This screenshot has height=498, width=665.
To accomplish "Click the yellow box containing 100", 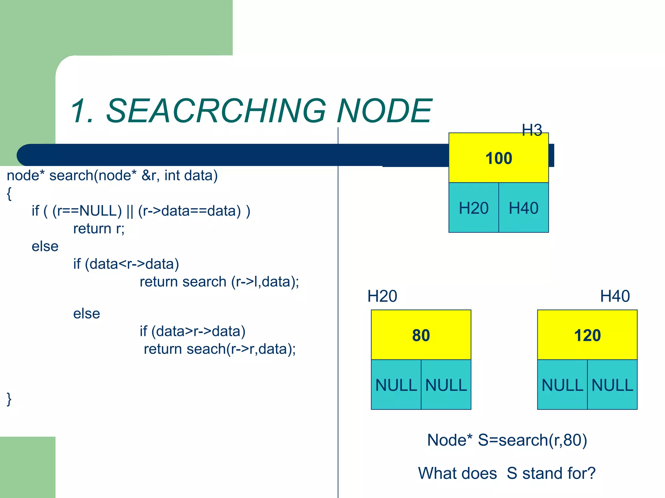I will click(x=498, y=158).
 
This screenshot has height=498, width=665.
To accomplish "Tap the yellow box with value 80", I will click(x=421, y=335).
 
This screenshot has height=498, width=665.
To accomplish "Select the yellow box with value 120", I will click(x=587, y=335).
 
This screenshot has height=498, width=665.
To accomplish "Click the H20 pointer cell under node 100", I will click(x=473, y=208).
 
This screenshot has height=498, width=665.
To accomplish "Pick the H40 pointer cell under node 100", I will click(x=523, y=208).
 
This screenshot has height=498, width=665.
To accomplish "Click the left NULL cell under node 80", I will click(x=396, y=385).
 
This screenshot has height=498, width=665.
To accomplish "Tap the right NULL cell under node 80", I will click(x=446, y=385).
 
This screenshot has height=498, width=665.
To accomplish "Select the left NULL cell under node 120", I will click(x=562, y=385).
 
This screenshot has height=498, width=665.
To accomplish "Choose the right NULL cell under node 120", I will click(x=612, y=385).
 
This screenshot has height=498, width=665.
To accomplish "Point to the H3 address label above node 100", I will click(x=532, y=130).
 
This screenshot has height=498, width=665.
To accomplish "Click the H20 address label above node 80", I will click(x=382, y=296).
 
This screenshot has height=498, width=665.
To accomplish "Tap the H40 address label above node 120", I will click(x=615, y=296).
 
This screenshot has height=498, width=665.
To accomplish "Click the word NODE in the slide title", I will click(x=384, y=111).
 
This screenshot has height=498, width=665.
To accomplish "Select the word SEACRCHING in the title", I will click(x=216, y=111).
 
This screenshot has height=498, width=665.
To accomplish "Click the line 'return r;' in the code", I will click(x=99, y=229).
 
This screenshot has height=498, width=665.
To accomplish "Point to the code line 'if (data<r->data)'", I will click(x=126, y=264).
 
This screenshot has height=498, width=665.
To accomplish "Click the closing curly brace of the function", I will click(x=9, y=399).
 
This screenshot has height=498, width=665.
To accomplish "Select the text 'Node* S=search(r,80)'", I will click(x=507, y=440).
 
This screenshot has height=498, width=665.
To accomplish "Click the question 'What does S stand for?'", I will click(x=507, y=473).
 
